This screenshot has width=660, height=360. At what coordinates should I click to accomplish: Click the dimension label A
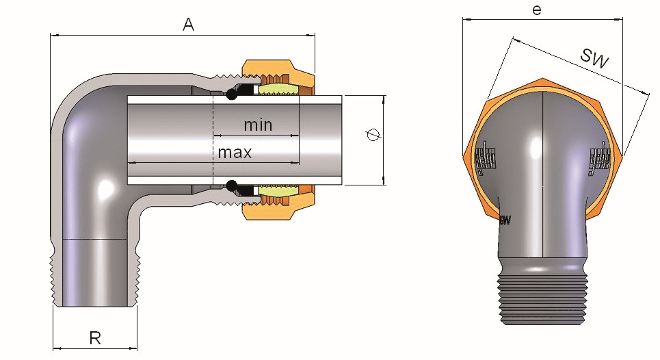(x=189, y=25)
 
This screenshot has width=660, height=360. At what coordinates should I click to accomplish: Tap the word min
(x=258, y=125)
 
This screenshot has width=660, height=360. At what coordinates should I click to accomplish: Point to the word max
(x=235, y=152)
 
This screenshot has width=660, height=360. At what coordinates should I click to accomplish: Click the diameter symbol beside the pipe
(x=373, y=136)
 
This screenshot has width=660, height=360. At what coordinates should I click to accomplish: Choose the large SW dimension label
(x=594, y=58)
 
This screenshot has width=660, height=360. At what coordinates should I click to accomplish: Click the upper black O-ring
(x=233, y=91)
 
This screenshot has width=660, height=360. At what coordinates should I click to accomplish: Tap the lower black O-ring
(x=233, y=185)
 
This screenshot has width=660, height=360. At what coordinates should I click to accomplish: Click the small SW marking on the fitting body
(x=505, y=220)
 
